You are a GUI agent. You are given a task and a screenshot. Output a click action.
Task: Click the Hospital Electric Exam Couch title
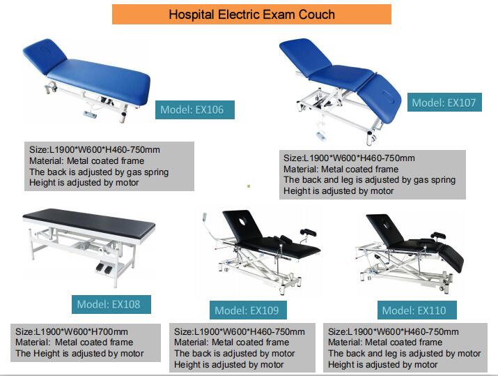pos(251,15)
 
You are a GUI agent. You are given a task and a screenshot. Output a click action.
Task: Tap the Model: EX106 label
pos(195,110)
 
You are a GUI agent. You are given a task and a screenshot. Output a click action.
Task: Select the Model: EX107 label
pos(444,103)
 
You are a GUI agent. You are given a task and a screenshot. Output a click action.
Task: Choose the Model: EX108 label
pos(111,304)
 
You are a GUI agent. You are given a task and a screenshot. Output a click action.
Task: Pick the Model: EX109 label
pos(248,310)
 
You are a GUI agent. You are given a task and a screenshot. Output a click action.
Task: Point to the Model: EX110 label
pos(417,310)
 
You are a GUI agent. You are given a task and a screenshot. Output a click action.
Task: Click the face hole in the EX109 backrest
pos(242,221)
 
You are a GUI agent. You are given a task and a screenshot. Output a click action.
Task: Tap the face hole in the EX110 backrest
pos(386,225)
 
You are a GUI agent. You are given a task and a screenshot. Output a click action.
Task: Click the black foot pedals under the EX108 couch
pos(104,268)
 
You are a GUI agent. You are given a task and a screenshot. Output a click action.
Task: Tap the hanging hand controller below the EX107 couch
pos(321,135)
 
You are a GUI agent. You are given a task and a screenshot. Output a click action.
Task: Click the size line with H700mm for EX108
pos(72,332)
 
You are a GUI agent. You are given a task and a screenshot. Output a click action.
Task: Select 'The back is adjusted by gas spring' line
pos(99,172)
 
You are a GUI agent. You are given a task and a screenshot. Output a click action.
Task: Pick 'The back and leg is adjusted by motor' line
pos(404,354)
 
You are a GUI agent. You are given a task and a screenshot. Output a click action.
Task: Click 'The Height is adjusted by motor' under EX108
pos(79,354)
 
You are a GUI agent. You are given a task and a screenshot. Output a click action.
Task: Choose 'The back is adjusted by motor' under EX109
pos(235,354)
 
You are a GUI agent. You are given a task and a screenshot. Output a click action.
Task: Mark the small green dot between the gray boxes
pos(249,186)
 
